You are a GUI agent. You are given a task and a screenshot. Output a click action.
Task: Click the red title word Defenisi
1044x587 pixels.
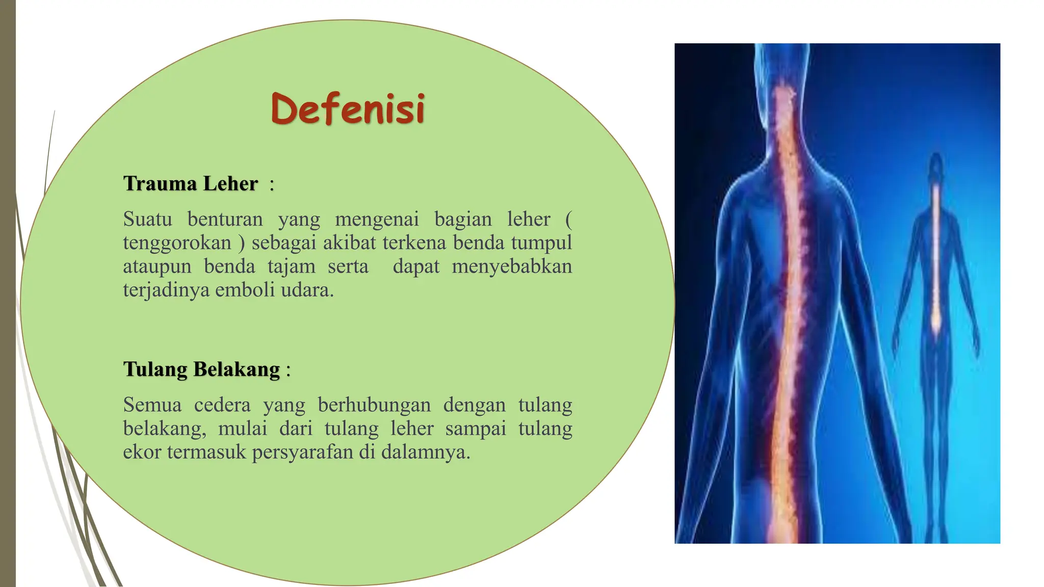tap(348, 109)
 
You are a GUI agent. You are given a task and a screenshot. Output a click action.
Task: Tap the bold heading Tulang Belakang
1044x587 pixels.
tap(202, 369)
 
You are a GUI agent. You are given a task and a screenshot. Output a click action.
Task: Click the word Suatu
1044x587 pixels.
tap(147, 220)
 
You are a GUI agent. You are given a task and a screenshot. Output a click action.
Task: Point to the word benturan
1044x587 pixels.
tap(225, 220)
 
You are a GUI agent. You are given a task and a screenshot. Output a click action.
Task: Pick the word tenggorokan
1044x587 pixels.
tap(177, 243)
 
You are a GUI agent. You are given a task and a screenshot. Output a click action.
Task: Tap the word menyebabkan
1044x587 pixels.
tap(512, 266)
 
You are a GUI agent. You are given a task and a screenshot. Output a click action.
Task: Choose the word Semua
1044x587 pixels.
tap(152, 405)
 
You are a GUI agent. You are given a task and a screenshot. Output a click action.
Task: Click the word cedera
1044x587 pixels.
tap(222, 405)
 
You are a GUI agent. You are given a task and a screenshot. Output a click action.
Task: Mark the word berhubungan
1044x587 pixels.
tap(374, 405)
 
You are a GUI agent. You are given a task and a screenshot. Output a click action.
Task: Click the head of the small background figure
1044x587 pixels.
tap(936, 166)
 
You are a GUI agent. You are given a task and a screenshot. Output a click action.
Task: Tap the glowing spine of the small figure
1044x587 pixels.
tap(936, 265)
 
